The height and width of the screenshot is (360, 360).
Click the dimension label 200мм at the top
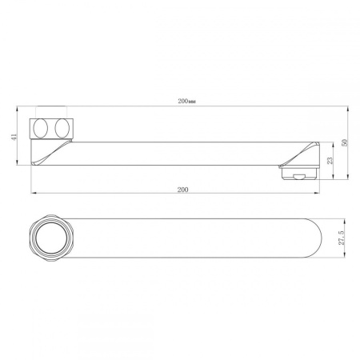click(187, 102)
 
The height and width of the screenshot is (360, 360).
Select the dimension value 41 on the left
click(14, 136)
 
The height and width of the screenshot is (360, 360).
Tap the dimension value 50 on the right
click(345, 142)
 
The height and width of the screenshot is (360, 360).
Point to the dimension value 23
click(330, 161)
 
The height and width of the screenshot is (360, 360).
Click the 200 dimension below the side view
click(182, 190)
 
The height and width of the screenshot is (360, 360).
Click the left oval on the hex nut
click(41, 129)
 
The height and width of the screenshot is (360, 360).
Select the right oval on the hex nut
click(62, 129)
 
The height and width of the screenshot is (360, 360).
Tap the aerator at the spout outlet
click(299, 172)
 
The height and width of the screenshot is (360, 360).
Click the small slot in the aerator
click(299, 176)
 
